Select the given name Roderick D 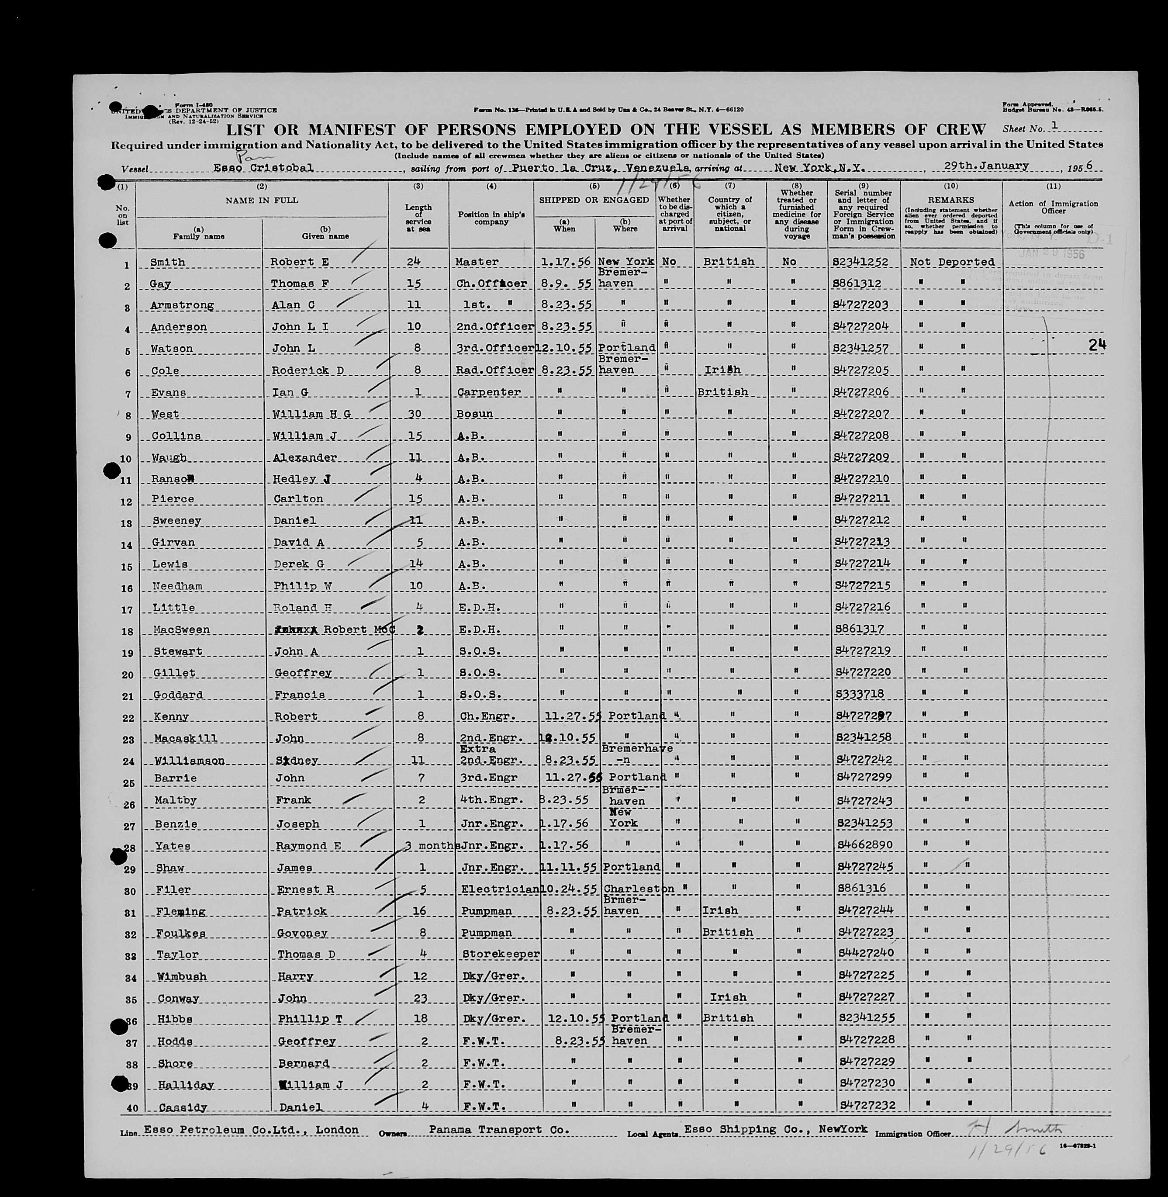307,370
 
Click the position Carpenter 488,392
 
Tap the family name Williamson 189,761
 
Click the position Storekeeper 501,954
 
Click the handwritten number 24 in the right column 1097,345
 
